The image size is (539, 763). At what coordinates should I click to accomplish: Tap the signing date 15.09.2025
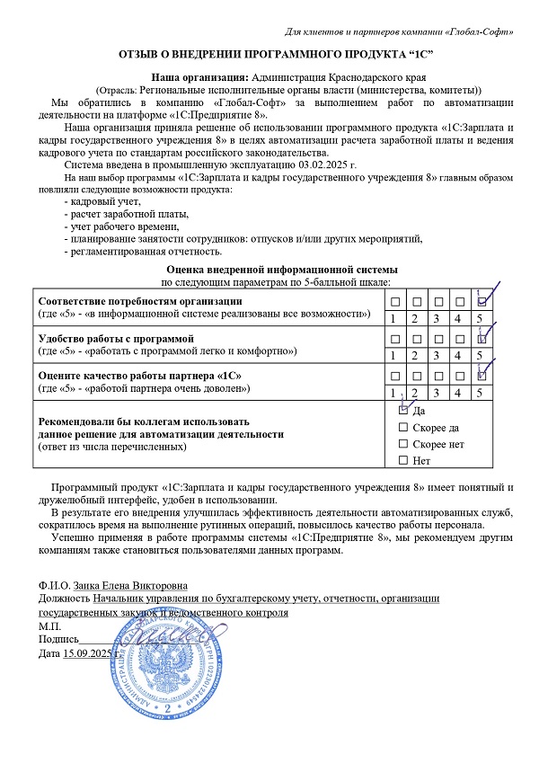[89, 652]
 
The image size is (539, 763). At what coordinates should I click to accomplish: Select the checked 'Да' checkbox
[402, 410]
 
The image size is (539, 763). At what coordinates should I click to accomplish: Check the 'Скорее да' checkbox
[402, 427]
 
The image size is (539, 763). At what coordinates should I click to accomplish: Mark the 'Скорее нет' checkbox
[402, 444]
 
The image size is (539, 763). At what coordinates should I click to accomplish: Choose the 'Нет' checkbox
[402, 460]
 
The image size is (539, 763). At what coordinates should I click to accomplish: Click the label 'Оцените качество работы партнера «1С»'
[135, 374]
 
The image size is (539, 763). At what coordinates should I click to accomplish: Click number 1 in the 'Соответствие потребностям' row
[392, 318]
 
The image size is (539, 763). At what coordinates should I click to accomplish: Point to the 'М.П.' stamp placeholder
[50, 625]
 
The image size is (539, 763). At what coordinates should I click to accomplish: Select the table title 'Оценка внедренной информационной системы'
[282, 270]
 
